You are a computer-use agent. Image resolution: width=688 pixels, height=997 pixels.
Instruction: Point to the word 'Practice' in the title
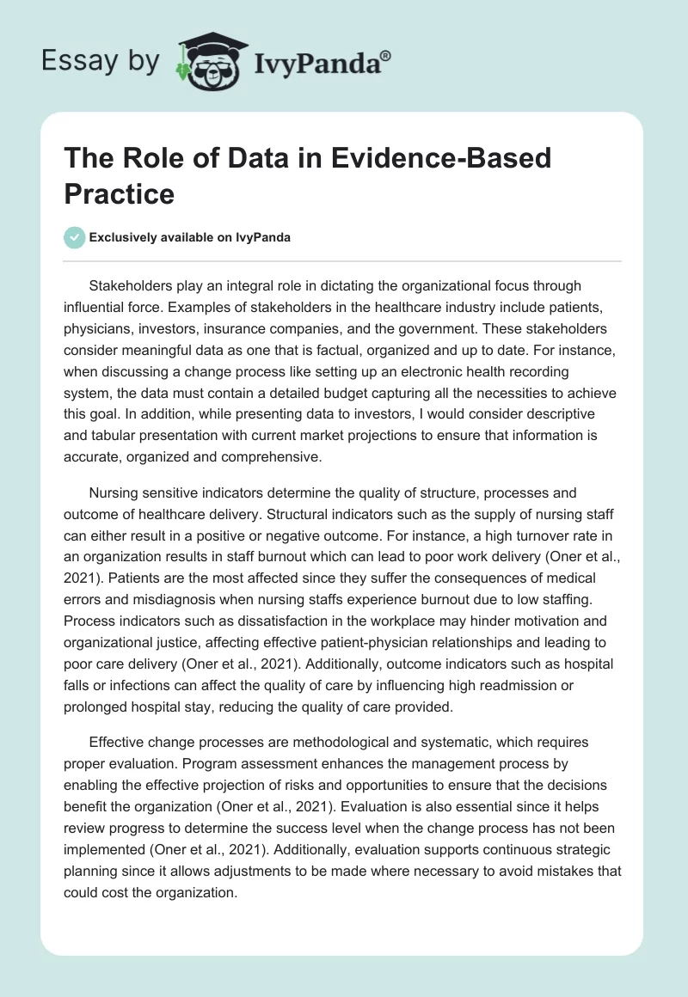(x=119, y=193)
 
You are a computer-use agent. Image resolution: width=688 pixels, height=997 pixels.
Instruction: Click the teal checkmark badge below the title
(x=75, y=237)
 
